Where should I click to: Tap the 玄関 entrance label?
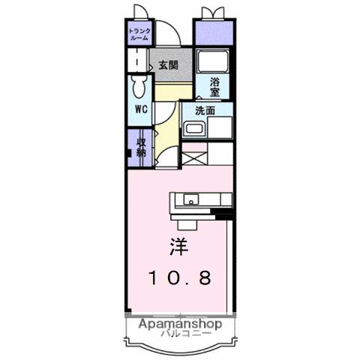click(x=168, y=65)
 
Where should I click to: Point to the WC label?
click(x=140, y=109)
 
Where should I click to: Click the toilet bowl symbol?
click(x=139, y=88)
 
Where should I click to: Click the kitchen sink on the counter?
click(x=191, y=199)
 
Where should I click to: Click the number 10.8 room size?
click(x=178, y=277)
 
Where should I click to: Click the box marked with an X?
click(x=193, y=157)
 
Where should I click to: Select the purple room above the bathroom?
click(x=213, y=33)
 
